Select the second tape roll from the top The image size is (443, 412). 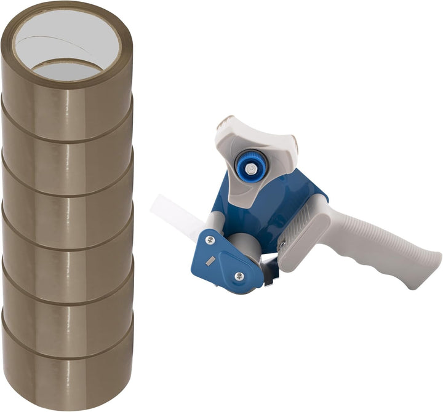click(x=68, y=148)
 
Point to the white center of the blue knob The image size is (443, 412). click(x=249, y=165)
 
